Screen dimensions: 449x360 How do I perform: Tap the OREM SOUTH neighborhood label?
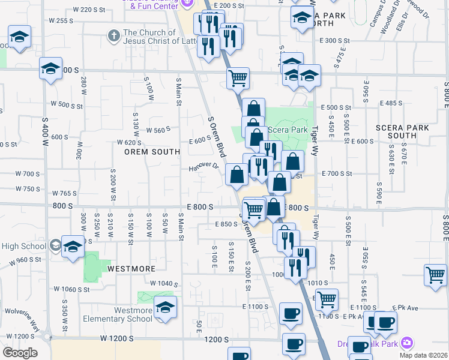[152, 152]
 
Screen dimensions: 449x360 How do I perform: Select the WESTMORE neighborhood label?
[131, 269]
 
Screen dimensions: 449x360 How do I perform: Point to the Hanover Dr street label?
[203, 166]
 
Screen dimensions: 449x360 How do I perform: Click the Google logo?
[20, 352]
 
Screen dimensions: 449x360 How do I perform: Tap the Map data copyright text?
[426, 355]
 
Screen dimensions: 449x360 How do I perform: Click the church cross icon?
[113, 35]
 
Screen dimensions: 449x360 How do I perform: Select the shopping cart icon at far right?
[435, 275]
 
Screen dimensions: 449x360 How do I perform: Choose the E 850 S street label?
[226, 224]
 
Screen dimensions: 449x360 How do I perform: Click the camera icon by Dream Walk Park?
[408, 343]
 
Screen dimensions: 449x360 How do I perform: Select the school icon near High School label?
[73, 247]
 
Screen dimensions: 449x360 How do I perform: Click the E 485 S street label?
[391, 103]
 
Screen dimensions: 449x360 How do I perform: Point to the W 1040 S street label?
[164, 283]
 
